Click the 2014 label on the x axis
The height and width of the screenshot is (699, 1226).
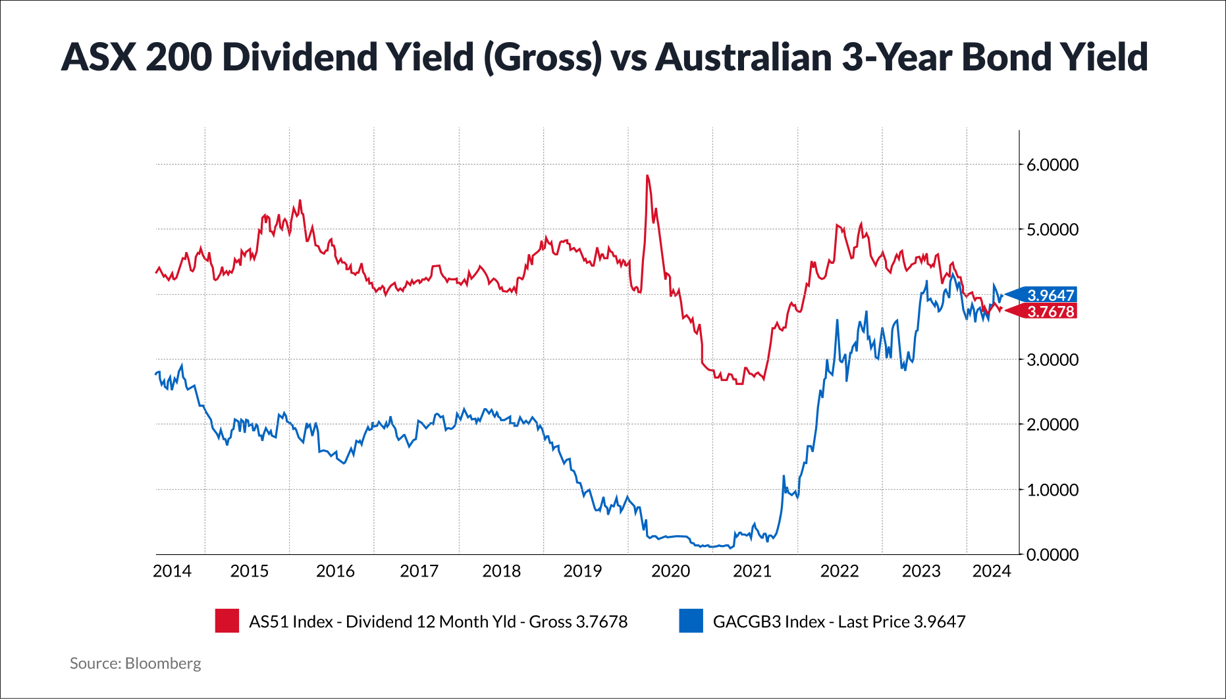[172, 571]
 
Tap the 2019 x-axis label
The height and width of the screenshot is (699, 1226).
[582, 571]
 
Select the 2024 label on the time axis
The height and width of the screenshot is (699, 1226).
[992, 571]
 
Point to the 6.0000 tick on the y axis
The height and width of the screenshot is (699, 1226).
[1052, 165]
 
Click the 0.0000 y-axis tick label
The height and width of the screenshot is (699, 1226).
[1052, 555]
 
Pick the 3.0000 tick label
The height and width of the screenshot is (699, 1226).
[1052, 360]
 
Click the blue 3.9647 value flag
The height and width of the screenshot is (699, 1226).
[1050, 295]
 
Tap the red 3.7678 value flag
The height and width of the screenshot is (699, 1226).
[1050, 311]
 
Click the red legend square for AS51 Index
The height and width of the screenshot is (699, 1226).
[227, 621]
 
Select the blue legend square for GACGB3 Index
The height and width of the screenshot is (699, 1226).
[691, 621]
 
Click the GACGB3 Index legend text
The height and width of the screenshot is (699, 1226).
[839, 621]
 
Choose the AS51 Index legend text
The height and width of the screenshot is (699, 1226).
[438, 621]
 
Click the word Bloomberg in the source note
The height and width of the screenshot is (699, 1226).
[163, 663]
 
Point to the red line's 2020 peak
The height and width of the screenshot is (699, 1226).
[647, 176]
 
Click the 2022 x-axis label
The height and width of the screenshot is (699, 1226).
[839, 571]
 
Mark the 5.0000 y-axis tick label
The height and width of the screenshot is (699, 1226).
[1052, 230]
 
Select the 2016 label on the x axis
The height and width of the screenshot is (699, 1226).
[335, 571]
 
